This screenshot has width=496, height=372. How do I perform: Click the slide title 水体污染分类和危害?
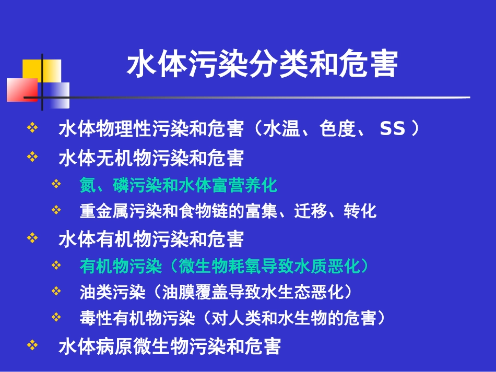click(262, 64)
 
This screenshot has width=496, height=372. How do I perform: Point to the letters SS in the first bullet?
click(393, 129)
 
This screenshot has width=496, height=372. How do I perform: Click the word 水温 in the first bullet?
click(280, 129)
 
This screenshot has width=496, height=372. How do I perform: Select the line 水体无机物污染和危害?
click(151, 157)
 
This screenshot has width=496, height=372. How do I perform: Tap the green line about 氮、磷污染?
click(178, 185)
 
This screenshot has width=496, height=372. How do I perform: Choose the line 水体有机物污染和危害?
click(151, 239)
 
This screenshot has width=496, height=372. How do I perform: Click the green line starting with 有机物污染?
click(225, 266)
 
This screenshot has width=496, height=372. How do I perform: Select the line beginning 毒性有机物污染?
click(233, 318)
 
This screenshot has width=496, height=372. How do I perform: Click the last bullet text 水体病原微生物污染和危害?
click(170, 346)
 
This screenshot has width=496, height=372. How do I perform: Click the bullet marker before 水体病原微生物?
click(32, 345)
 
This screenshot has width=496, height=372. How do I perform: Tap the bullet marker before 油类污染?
click(56, 291)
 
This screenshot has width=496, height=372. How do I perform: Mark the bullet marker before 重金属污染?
click(56, 210)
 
